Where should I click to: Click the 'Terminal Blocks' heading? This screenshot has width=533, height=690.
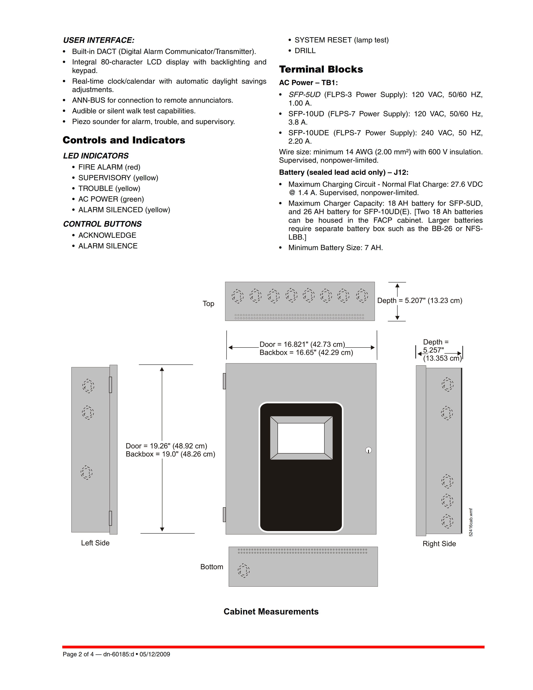pos(321,69)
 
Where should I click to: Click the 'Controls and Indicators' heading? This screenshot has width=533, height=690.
pos(124,140)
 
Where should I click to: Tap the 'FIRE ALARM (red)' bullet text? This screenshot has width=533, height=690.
pos(109,167)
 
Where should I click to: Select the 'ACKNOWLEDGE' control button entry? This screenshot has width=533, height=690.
pos(107,235)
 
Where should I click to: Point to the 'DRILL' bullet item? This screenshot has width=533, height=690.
pos(305,51)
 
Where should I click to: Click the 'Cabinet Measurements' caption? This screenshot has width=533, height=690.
pos(271,612)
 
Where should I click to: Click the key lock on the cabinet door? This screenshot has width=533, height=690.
pos(369,450)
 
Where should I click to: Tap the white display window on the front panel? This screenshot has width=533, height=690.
pos(301,438)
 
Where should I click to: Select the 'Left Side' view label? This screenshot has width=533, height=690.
pos(95,543)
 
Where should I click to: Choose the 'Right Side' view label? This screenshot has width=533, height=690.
pos(439,544)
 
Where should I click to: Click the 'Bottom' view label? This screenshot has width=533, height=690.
pos(212,567)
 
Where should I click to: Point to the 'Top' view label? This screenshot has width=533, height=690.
pos(208,304)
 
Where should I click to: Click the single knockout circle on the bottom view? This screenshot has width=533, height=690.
pos(244,570)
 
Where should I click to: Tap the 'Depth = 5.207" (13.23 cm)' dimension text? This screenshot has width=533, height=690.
pos(420,300)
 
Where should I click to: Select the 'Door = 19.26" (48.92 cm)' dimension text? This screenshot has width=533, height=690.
pos(166,446)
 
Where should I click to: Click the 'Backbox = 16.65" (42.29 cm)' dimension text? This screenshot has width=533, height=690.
pos(306,353)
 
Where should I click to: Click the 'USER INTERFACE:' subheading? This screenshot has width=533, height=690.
pos(98,40)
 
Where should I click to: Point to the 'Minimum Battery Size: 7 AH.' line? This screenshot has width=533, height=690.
pos(335,248)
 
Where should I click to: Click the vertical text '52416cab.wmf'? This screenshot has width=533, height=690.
pos(471,522)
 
